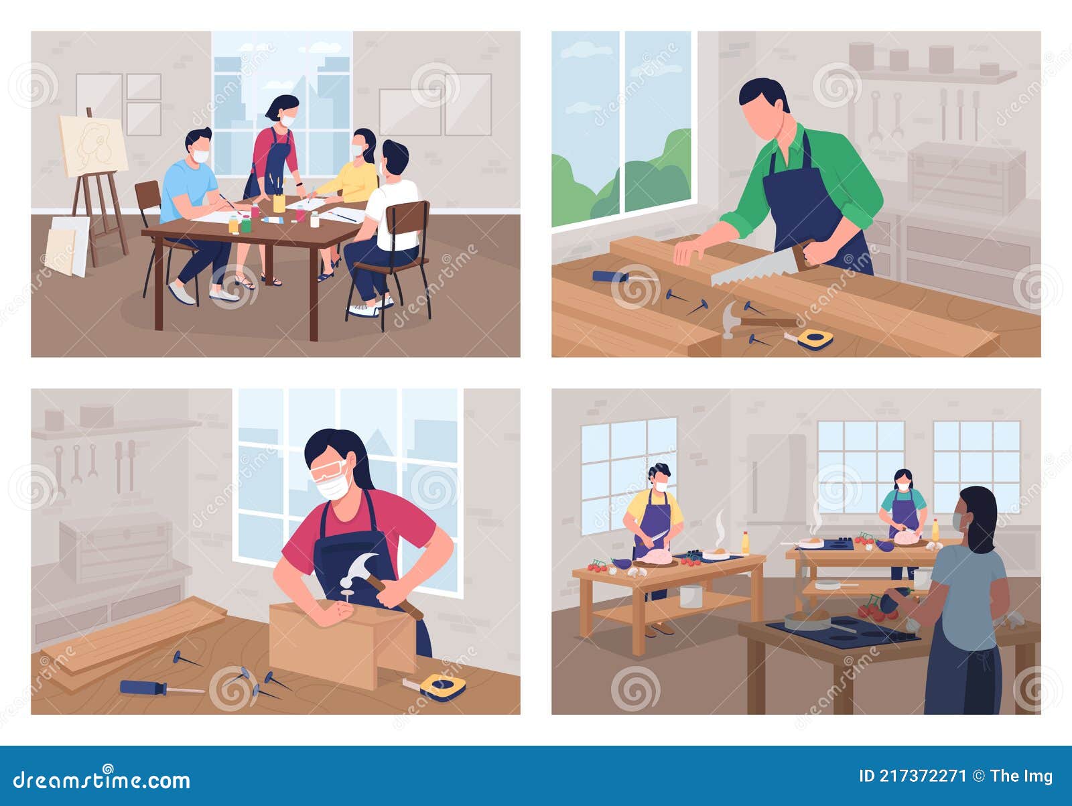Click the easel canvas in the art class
click(x=94, y=145)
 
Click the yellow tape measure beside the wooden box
click(x=442, y=687)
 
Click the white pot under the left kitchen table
click(x=690, y=595)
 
